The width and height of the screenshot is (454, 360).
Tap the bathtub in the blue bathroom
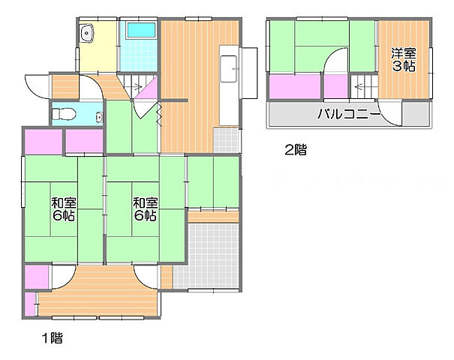[140, 31]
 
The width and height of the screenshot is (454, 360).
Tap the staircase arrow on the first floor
[137, 89]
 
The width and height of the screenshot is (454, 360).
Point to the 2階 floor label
[294, 149]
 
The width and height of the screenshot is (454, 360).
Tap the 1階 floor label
[50, 338]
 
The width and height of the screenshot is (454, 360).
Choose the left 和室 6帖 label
[63, 208]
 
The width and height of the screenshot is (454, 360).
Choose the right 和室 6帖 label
[145, 208]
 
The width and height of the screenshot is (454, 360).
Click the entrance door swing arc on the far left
[35, 85]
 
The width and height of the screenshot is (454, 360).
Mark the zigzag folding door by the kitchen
[159, 113]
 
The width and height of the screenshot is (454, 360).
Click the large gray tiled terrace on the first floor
[213, 255]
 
